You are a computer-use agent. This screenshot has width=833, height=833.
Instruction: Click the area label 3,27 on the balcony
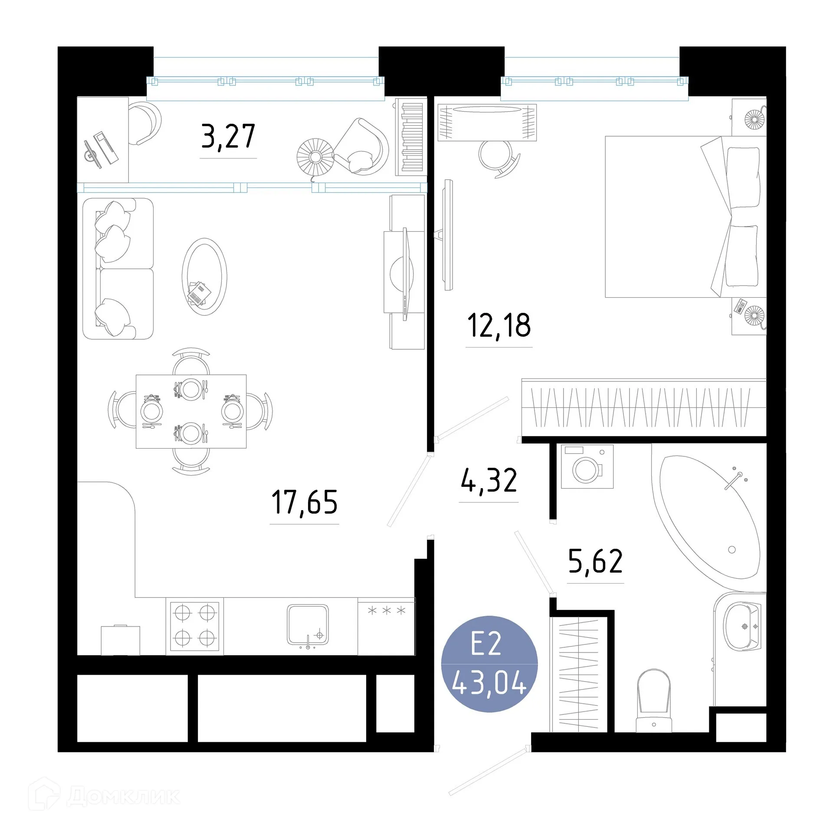pos(228,136)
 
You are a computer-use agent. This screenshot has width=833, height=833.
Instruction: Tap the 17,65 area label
pos(304,502)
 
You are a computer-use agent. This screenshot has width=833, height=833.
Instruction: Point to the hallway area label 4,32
pos(489,480)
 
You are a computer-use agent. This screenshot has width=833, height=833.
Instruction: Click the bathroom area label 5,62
pos(595,561)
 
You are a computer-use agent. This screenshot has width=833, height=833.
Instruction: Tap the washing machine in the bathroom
pos(587,466)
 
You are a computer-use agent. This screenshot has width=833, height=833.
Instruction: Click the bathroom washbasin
pos(744,626)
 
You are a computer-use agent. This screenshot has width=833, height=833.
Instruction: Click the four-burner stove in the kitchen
pos(195,626)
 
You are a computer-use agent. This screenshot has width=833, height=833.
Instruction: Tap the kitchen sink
pos(307,625)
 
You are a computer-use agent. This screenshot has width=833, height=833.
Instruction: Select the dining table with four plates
pos(191,411)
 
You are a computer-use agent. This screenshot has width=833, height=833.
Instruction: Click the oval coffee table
pos(204,276)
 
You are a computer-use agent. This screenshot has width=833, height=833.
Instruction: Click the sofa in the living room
pos(118,269)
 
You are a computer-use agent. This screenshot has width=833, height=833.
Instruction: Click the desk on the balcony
pos(102,139)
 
